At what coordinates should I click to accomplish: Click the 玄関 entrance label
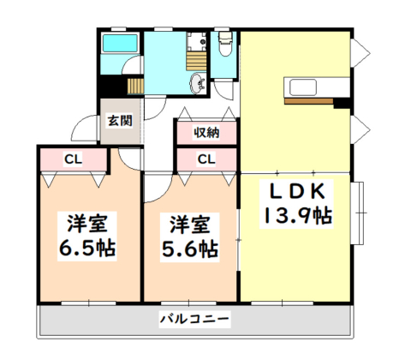point(120,121)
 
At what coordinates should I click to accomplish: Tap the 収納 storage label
point(207,133)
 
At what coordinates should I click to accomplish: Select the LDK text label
point(297,191)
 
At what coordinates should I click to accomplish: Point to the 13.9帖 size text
point(297,215)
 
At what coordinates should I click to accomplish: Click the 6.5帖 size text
point(87,248)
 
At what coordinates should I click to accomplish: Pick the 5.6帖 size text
point(190,249)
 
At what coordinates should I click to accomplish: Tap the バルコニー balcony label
point(194,319)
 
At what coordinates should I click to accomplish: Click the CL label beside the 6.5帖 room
point(74,159)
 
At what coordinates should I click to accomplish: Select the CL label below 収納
point(206,159)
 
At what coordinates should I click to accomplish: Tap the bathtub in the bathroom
point(120,44)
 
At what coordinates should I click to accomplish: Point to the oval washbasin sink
point(198,83)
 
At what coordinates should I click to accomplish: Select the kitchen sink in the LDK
point(303,87)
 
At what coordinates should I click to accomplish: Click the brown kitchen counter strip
point(309,101)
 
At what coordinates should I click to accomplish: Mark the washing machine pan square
point(196,41)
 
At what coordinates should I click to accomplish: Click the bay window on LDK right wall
point(358,213)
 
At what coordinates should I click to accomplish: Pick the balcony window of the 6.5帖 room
point(88,303)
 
